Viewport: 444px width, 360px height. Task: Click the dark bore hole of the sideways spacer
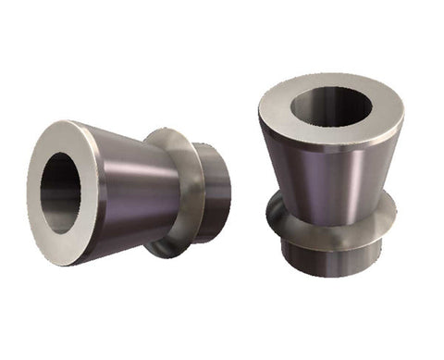57,192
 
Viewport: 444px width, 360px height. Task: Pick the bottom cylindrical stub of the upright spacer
328,260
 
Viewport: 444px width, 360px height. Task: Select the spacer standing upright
330,176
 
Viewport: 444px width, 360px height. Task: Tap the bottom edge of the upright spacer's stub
328,276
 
